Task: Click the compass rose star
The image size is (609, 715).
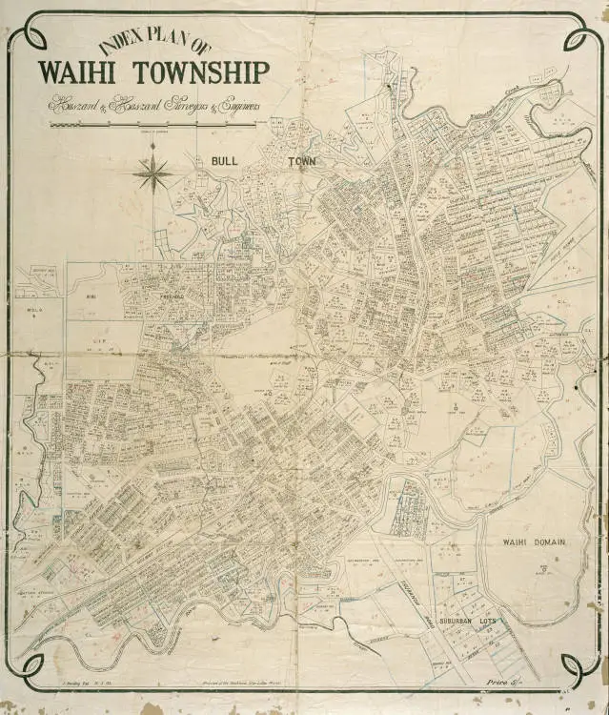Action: coord(152,173)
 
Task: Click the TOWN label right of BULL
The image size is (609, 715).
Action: coord(302,162)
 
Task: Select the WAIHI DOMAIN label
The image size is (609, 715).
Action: coord(534,541)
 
